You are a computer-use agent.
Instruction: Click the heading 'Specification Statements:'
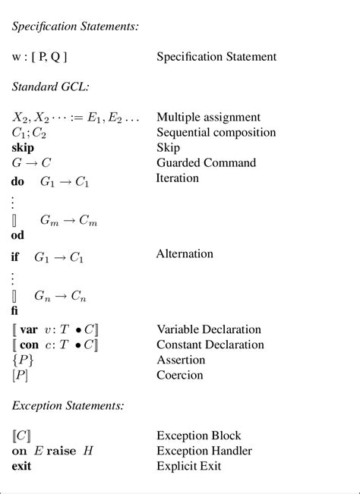(x=75, y=26)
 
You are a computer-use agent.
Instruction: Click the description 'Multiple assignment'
(x=208, y=117)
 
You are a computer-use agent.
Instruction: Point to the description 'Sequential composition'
(x=216, y=132)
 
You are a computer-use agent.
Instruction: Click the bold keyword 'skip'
(x=23, y=147)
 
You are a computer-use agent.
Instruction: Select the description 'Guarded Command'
(x=206, y=162)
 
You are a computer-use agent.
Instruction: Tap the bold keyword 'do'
(x=18, y=182)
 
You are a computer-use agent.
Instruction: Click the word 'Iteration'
(x=177, y=178)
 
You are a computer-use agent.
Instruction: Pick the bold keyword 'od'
(x=18, y=235)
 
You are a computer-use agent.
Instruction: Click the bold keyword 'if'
(x=15, y=257)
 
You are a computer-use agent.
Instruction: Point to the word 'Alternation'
(x=185, y=253)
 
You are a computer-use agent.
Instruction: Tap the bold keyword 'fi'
(x=15, y=310)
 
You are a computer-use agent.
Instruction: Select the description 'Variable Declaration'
(x=208, y=329)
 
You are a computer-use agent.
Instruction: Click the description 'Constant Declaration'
(x=210, y=345)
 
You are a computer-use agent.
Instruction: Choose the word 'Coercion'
(x=179, y=375)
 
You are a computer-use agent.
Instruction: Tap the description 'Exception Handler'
(x=204, y=451)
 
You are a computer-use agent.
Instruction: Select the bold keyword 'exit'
(x=22, y=466)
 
